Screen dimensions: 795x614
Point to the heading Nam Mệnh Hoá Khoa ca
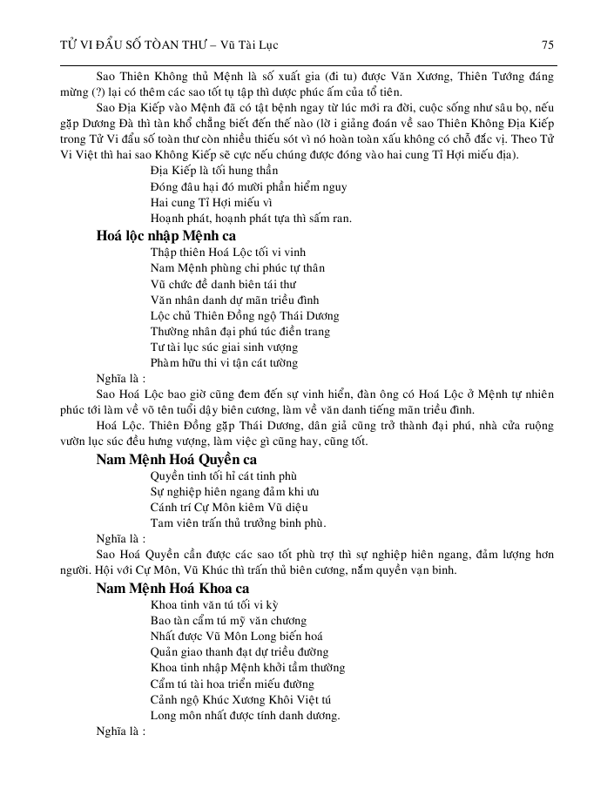(172, 588)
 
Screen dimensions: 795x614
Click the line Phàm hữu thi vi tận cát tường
(224, 362)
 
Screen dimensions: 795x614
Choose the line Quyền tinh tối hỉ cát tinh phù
(224, 476)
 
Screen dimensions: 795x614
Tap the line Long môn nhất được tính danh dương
(245, 716)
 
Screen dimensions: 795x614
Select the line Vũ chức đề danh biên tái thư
(223, 284)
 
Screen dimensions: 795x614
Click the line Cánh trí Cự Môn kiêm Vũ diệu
(228, 508)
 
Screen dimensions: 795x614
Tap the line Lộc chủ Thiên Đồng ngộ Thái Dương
(245, 315)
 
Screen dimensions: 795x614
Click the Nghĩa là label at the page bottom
(121, 731)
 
